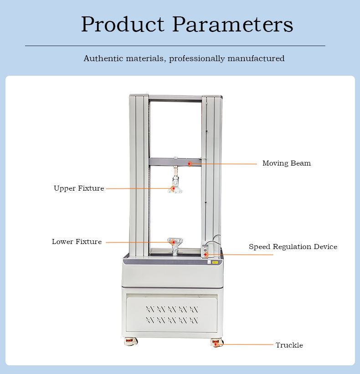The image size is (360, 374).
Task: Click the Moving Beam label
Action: coord(286,163)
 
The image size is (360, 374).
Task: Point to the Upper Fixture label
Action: coord(79,188)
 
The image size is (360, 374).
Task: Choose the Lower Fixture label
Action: coord(77,242)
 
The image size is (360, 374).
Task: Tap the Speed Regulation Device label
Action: coord(293,247)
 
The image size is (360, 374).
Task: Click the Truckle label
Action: coord(289,345)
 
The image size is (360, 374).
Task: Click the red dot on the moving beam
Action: coord(190,163)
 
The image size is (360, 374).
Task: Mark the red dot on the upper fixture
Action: coord(173,188)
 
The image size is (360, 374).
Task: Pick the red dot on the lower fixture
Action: coord(173,242)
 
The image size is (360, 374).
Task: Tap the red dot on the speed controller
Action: coord(206,255)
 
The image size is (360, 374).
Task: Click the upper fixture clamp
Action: coord(175,185)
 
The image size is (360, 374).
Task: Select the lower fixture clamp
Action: coord(175,245)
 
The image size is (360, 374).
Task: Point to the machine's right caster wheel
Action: coord(216,343)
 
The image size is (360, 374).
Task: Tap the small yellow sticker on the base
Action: coord(214,262)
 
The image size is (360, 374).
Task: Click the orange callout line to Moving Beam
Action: coord(223,164)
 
